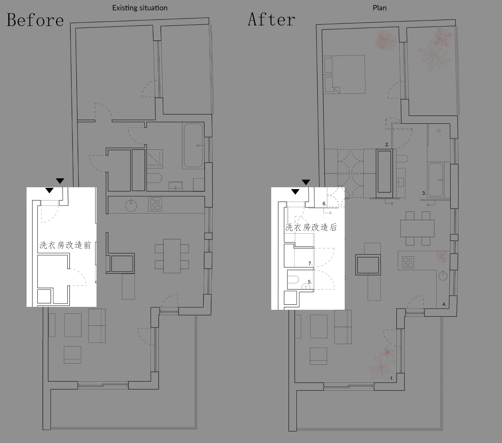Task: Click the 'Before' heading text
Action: click(x=35, y=20)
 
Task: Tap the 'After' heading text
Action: click(x=272, y=19)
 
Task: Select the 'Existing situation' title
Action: click(x=140, y=8)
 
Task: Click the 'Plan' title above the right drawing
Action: click(x=380, y=8)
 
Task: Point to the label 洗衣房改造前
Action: click(x=65, y=245)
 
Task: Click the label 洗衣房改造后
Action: click(x=311, y=227)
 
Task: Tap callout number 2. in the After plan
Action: click(x=387, y=145)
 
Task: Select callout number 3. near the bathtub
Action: click(x=424, y=193)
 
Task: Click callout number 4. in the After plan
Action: click(x=444, y=304)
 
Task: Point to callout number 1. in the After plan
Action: click(x=392, y=378)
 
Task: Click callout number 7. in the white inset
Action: click(x=310, y=263)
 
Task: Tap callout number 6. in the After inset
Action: click(x=325, y=204)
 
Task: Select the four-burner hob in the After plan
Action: click(x=408, y=262)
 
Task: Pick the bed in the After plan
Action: click(x=344, y=74)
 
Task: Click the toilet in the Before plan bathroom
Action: click(x=154, y=178)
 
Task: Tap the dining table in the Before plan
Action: click(x=172, y=256)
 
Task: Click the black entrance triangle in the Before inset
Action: click(x=50, y=190)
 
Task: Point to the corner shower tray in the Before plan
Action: click(x=155, y=159)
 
